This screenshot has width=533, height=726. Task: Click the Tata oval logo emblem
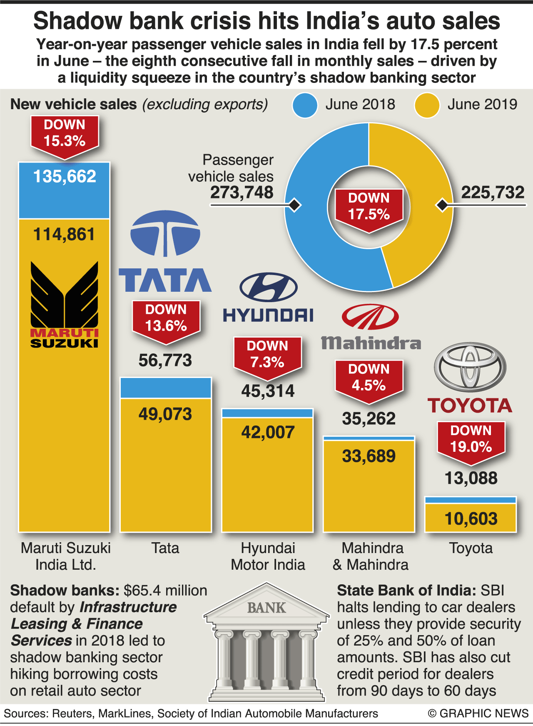point(165,233)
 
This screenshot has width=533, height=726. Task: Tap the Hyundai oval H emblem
point(269,287)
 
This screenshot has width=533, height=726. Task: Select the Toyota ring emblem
point(470,367)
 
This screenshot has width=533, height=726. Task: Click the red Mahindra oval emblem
point(370,317)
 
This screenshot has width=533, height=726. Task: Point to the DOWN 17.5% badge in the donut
point(369,207)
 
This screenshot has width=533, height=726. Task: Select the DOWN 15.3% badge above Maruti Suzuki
point(65,134)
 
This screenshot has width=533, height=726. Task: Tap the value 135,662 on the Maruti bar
point(65,177)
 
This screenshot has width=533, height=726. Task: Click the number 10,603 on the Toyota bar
point(471,519)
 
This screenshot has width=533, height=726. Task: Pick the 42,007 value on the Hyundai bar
point(268,432)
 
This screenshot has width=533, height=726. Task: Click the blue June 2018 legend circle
point(305,105)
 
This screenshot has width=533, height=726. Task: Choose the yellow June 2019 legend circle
point(427,105)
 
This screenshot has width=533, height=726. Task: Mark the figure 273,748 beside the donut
point(242,193)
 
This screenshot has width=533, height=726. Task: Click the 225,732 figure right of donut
point(493,193)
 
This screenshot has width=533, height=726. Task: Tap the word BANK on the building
point(266,608)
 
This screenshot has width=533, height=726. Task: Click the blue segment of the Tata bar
point(165,388)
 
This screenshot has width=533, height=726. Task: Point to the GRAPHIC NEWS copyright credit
point(478,713)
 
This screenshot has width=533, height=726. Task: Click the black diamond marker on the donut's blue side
point(295,205)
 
